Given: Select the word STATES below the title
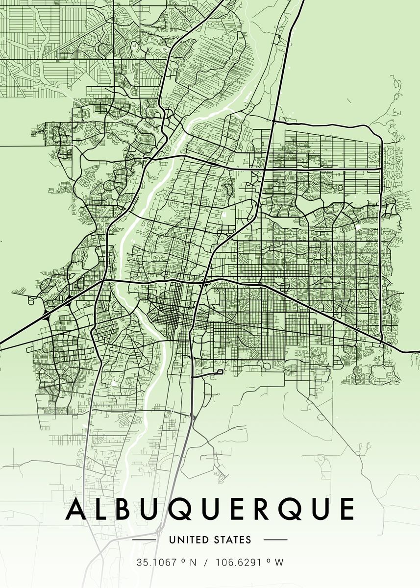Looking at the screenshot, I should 232,540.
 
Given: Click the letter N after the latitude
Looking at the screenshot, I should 193,563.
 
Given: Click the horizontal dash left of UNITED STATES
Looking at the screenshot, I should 144,540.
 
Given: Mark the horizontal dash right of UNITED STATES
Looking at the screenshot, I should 275,540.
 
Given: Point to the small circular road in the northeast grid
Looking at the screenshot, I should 339,188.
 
